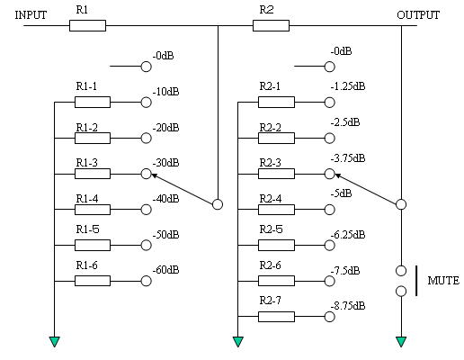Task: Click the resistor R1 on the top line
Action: tap(87, 25)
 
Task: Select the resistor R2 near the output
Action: tap(271, 25)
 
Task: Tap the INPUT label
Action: tap(31, 15)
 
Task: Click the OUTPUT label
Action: tap(418, 15)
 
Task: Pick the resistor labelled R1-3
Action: tap(93, 174)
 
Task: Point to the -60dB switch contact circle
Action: tap(146, 281)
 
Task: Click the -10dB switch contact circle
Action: tap(146, 103)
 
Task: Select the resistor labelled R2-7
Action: tap(276, 317)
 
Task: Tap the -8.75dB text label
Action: tap(348, 306)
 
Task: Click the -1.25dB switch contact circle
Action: tap(329, 103)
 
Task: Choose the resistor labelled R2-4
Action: tap(276, 210)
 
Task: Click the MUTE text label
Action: tap(443, 281)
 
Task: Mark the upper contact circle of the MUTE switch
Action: tap(401, 271)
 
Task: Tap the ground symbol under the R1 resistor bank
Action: tap(55, 342)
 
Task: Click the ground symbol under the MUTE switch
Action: tap(401, 342)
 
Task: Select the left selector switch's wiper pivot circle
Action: tap(218, 204)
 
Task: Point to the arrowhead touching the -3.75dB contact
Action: tap(337, 175)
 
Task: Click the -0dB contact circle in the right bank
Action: tap(329, 67)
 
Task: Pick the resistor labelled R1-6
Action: tap(93, 281)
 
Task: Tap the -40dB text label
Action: tap(165, 199)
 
